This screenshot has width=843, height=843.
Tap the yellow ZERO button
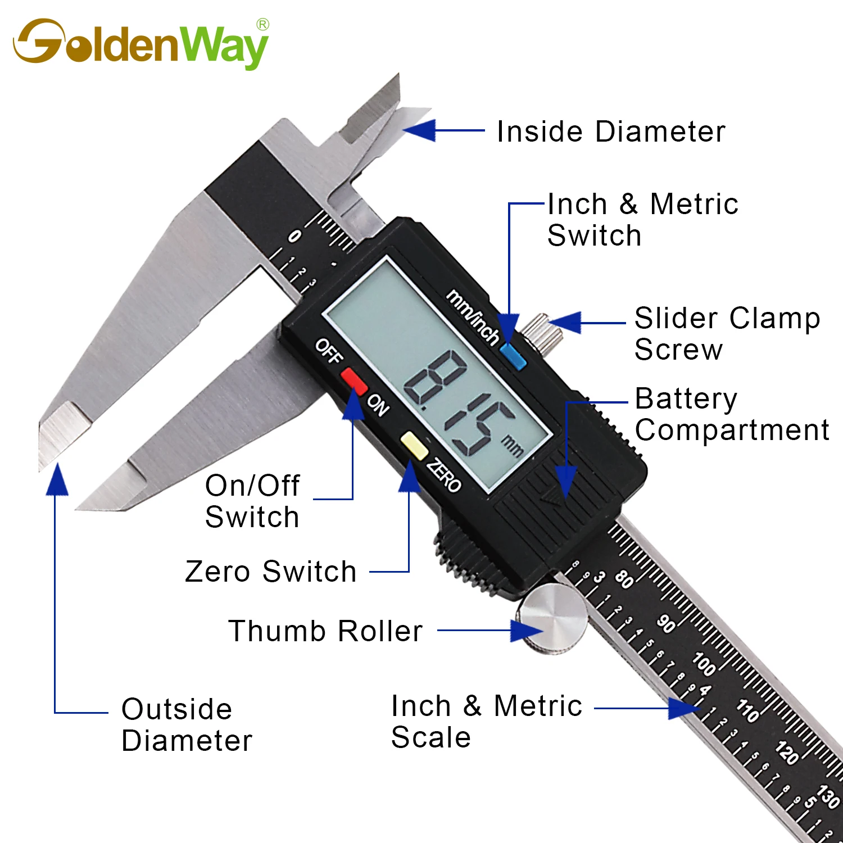414,446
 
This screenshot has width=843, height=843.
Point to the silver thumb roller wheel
554,618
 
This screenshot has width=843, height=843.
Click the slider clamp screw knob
543,334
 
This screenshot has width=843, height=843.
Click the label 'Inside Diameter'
611,132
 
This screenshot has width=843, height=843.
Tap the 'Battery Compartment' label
731,415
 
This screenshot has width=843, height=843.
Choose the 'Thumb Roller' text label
325,631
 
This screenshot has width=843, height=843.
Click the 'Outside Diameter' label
187,725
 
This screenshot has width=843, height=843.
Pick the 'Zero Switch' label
271,572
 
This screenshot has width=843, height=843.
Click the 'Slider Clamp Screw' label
727,334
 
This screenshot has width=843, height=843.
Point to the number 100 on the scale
704,663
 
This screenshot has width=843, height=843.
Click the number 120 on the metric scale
787,753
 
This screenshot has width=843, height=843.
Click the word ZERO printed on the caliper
444,475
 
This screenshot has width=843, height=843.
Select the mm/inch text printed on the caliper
472,317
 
